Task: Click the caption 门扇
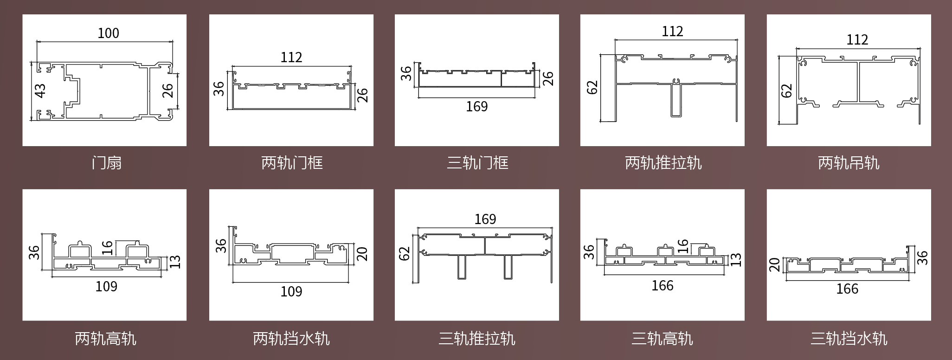pos(107,163)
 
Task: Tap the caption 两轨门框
pos(292,163)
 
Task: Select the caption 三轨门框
pos(477,163)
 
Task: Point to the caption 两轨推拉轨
pos(663,163)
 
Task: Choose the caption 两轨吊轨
pos(849,163)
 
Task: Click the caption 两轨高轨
pos(105,339)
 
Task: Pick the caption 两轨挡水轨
pos(291,339)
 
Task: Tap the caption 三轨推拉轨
pos(477,339)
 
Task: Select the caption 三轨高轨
pos(662,339)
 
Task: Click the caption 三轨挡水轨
pos(849,339)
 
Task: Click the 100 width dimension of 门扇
pos(108,33)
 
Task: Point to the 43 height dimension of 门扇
pos(40,90)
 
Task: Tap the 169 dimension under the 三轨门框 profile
pos(476,107)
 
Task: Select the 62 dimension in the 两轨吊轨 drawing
pos(787,90)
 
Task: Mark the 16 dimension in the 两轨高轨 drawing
pos(107,248)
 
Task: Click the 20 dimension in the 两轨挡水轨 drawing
pos(362,254)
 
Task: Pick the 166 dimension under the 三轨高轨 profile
pos(662,286)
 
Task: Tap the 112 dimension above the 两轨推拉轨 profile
pos(672,32)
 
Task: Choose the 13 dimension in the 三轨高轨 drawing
pos(736,260)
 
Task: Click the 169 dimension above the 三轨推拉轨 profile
pos(485,219)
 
